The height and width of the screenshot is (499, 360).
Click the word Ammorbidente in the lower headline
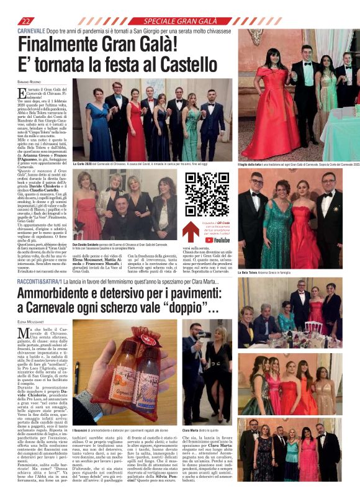tap(66, 292)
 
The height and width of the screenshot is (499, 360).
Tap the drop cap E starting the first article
tap(22, 94)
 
